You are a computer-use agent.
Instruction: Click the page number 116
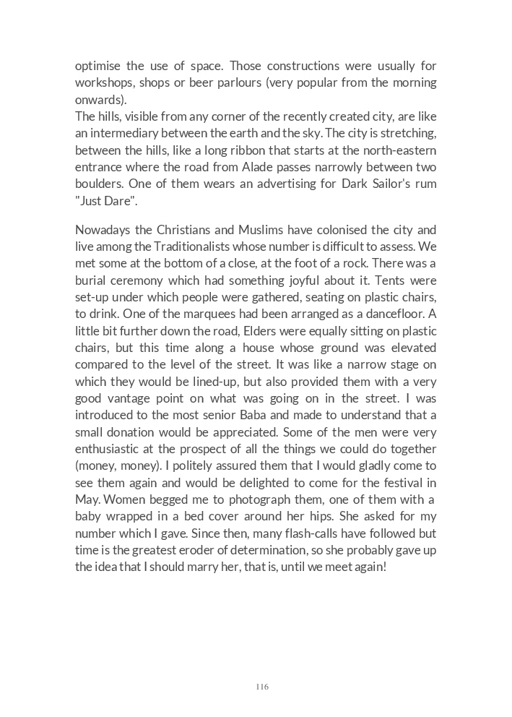point(261,687)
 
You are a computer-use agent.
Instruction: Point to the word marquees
point(200,314)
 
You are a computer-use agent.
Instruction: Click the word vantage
point(138,398)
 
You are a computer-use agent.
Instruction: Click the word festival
point(402,483)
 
